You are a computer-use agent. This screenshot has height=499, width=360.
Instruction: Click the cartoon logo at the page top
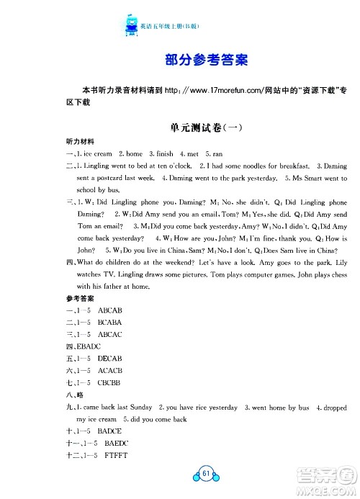132,27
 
